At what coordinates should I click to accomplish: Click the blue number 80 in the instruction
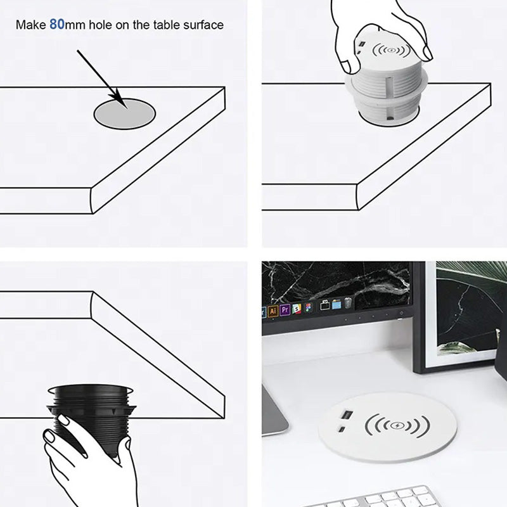pyautogui.click(x=57, y=25)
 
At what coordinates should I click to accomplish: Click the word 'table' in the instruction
pyautogui.click(x=167, y=25)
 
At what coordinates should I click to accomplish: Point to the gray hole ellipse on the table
pyautogui.click(x=125, y=113)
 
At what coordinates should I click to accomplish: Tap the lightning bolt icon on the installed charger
pyautogui.click(x=398, y=425)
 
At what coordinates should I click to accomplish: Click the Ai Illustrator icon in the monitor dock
pyautogui.click(x=273, y=311)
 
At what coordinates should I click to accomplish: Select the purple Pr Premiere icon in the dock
pyautogui.click(x=285, y=310)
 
